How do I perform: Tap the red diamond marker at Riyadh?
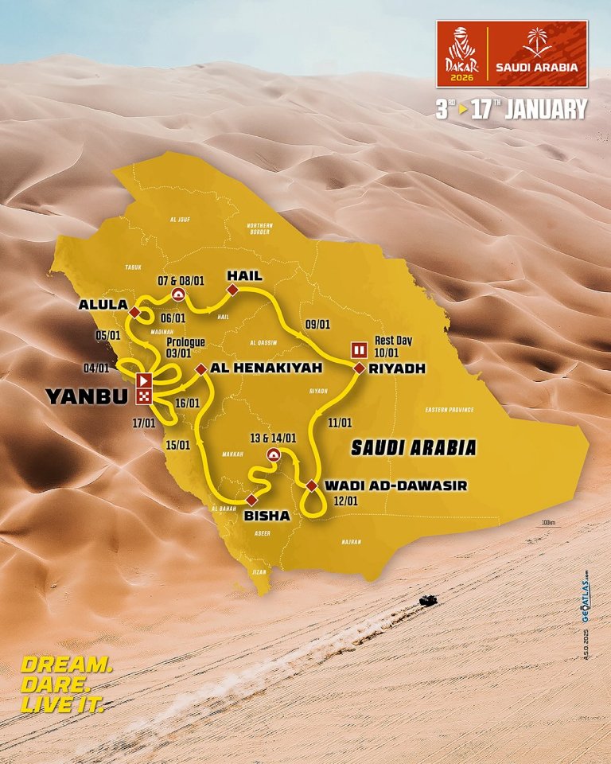359,368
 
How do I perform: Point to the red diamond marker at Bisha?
251,500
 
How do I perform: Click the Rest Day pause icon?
359,349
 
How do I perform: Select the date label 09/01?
316,324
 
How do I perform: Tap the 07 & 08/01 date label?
179,279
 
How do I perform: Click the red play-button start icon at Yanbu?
143,380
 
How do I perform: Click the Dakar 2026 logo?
461,55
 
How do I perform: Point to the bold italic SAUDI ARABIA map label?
413,447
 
